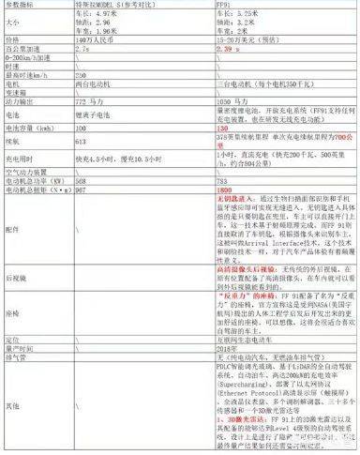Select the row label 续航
click(x=13, y=163)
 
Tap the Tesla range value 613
click(x=94, y=163)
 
